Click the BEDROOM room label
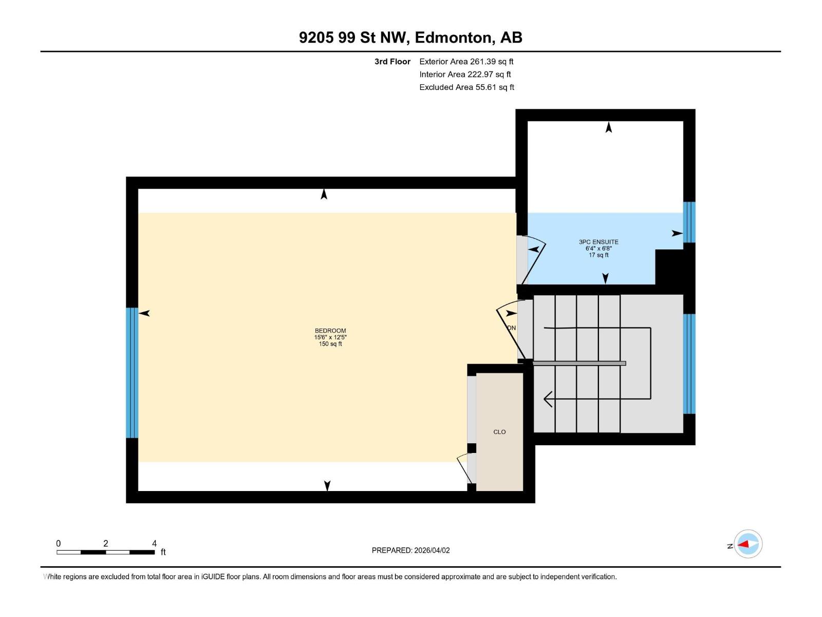click(x=330, y=331)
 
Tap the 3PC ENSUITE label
click(x=599, y=242)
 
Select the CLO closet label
click(x=499, y=432)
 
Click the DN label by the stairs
click(x=511, y=328)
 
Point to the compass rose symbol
click(x=748, y=544)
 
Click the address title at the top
click(x=410, y=38)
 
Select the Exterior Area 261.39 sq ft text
click(x=466, y=62)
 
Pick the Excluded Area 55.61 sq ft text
click(x=466, y=87)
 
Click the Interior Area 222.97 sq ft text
click(x=465, y=75)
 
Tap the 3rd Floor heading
click(x=393, y=62)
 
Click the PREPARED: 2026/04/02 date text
click(x=410, y=550)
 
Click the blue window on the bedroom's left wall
click(x=132, y=373)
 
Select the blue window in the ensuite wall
click(x=689, y=222)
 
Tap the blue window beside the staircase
click(x=689, y=364)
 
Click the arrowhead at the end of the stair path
click(x=548, y=398)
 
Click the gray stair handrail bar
click(x=579, y=364)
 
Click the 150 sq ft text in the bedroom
click(x=330, y=344)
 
